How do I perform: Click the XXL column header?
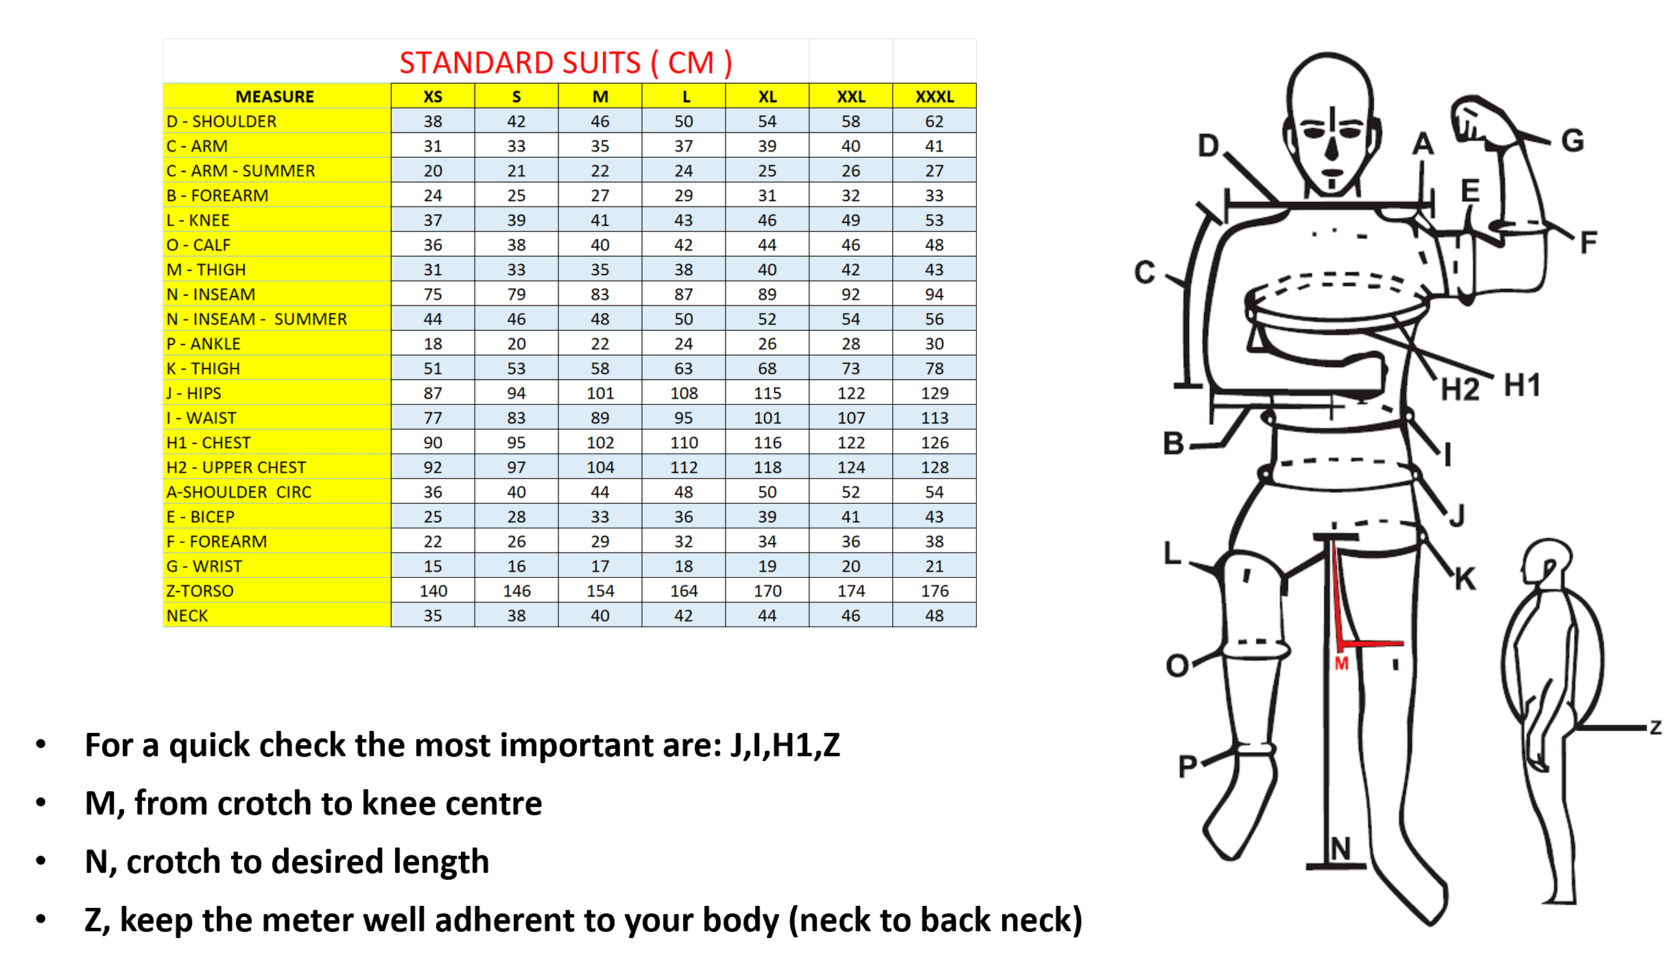pyautogui.click(x=851, y=97)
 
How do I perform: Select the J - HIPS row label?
pyautogui.click(x=194, y=393)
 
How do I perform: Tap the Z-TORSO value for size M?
pyautogui.click(x=600, y=591)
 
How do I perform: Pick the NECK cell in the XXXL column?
pyautogui.click(x=934, y=616)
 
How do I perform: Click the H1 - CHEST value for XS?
pyautogui.click(x=433, y=443)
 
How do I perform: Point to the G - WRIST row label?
pyautogui.click(x=204, y=566)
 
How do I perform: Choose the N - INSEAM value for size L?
pyautogui.click(x=683, y=294)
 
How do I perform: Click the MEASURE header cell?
pyautogui.click(x=275, y=97)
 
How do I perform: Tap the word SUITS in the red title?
pyautogui.click(x=589, y=63)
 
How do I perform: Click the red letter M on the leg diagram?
pyautogui.click(x=1342, y=664)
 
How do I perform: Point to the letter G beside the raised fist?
pyautogui.click(x=1573, y=141)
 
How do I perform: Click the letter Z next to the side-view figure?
pyautogui.click(x=1656, y=727)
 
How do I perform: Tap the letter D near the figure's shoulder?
pyautogui.click(x=1209, y=145)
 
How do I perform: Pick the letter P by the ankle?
pyautogui.click(x=1188, y=766)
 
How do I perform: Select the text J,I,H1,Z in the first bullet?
pyautogui.click(x=785, y=745)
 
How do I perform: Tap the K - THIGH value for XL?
pyautogui.click(x=767, y=369)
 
